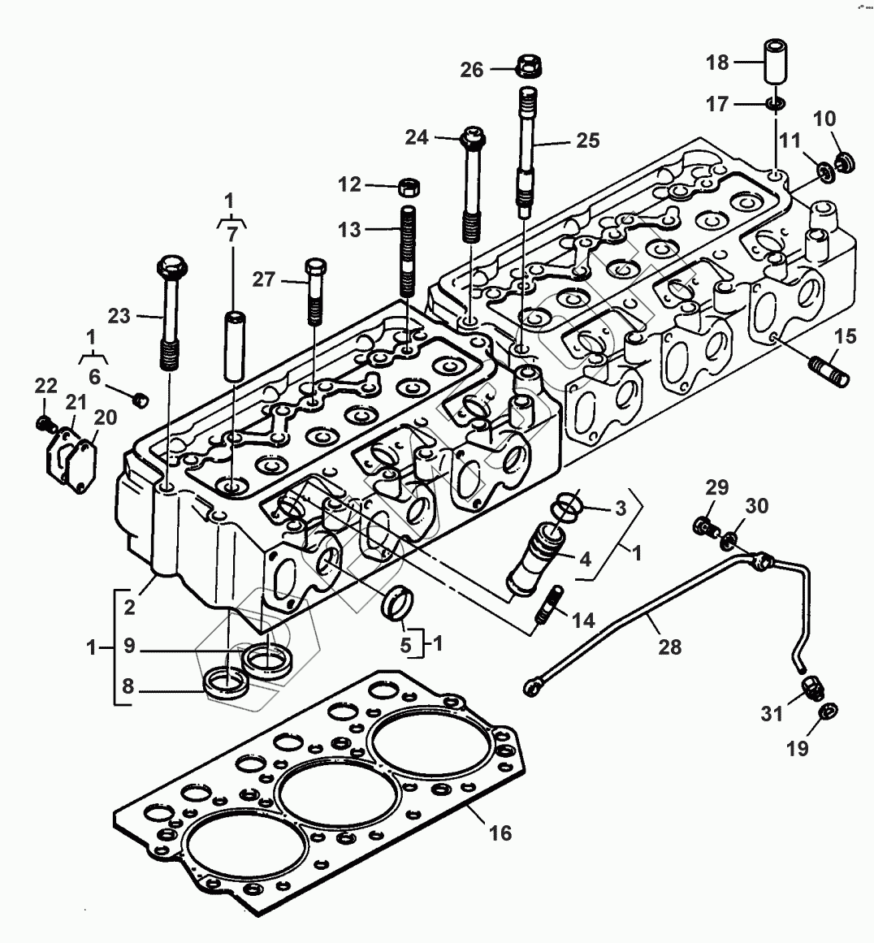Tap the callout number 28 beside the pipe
pos(671,647)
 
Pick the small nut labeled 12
pos(409,186)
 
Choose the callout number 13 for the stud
pos(350,231)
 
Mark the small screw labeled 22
pos(45,423)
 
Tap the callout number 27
pos(264,280)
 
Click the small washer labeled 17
pos(776,104)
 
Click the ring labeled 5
pos(399,605)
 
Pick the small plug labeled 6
pos(140,398)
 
